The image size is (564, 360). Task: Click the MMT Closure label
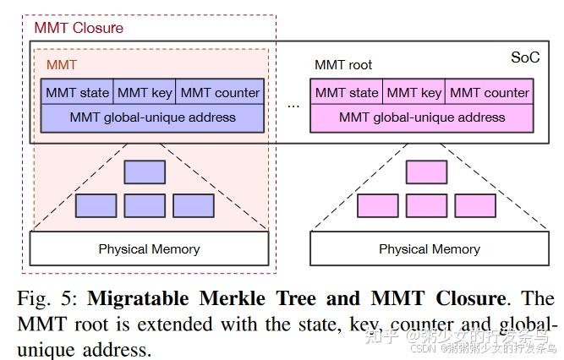[x=78, y=28]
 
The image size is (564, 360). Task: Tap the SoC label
[x=524, y=57]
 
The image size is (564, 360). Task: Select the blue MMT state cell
[x=77, y=93]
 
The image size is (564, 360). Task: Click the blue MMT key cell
[x=145, y=93]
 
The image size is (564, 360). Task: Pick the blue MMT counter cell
[x=220, y=93]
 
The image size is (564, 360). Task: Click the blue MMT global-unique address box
[x=152, y=117]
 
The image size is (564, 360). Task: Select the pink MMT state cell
[x=347, y=93]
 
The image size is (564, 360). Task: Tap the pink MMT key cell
[x=414, y=93]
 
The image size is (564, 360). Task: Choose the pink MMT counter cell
[x=490, y=93]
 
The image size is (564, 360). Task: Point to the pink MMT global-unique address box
[x=422, y=117]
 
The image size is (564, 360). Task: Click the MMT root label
[x=342, y=65]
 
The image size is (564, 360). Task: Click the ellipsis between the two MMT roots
[x=293, y=106]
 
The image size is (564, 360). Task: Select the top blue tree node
[x=145, y=172]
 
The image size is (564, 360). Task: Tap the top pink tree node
[x=426, y=172]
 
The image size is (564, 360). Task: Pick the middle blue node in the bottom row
[x=145, y=205]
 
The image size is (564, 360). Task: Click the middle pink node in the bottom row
[x=426, y=205]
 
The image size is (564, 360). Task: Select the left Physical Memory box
[x=149, y=248]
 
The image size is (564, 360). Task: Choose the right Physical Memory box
[x=429, y=248]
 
